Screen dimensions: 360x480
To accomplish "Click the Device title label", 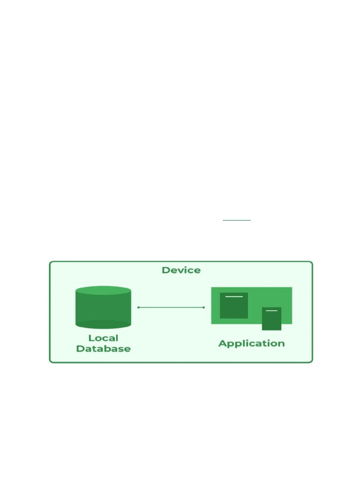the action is tap(181, 270).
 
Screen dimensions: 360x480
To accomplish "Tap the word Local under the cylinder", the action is tap(103, 338).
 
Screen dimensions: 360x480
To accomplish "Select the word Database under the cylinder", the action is tap(103, 349).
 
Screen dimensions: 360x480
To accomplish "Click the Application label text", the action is tap(251, 344).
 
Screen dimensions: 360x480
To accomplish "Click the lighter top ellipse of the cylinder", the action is tap(103, 291).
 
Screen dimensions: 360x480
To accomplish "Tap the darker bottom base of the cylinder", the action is tap(103, 324).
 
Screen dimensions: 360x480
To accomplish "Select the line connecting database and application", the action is tap(171, 307).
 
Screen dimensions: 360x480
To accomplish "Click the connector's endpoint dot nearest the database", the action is tap(138, 307).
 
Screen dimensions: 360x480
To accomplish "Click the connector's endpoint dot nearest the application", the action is tap(203, 307).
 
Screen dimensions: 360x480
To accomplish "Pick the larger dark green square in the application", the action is tap(234, 306).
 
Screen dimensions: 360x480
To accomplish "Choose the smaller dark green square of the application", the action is tap(271, 319).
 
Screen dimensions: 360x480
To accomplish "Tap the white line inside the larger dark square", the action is tap(234, 297).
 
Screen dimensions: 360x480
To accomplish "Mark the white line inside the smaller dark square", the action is tap(271, 311).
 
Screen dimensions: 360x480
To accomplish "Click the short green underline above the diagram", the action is tap(237, 220).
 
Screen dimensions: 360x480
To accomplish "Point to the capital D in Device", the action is tap(165, 270).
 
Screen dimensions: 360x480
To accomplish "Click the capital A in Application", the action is tap(222, 343).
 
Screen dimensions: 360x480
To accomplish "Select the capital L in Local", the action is tap(91, 338).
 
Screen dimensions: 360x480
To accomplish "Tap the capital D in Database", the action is tap(80, 349).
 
